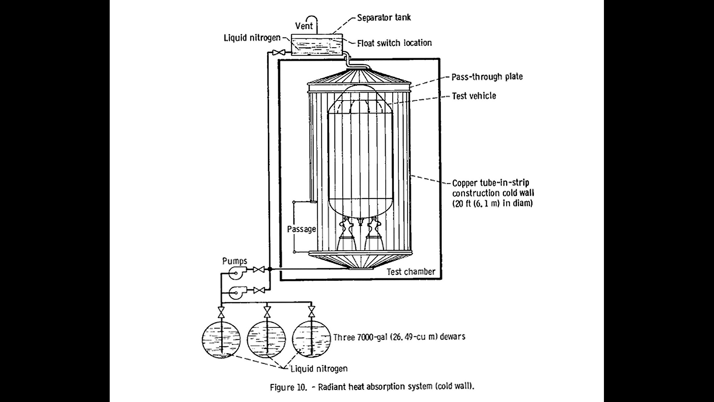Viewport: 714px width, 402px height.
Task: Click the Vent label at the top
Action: (x=304, y=26)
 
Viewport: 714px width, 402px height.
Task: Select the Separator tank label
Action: (x=384, y=17)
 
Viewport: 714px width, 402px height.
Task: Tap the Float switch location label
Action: (x=394, y=43)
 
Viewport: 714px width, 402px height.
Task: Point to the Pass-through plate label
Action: (x=487, y=77)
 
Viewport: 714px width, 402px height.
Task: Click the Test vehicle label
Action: (x=474, y=96)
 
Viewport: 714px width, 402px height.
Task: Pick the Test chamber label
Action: (x=411, y=271)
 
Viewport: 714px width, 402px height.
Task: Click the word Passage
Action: (x=301, y=229)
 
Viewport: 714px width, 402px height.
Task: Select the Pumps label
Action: (x=235, y=261)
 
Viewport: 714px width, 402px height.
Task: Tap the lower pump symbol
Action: (x=236, y=293)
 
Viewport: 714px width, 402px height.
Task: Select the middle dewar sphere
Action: (x=267, y=339)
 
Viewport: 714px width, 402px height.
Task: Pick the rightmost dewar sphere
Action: (x=312, y=339)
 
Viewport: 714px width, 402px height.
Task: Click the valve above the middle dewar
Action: (x=267, y=311)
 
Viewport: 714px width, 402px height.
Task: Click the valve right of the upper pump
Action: (x=258, y=269)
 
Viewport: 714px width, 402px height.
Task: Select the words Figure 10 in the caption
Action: (x=287, y=387)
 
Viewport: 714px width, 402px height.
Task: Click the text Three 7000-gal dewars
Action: (x=399, y=337)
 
